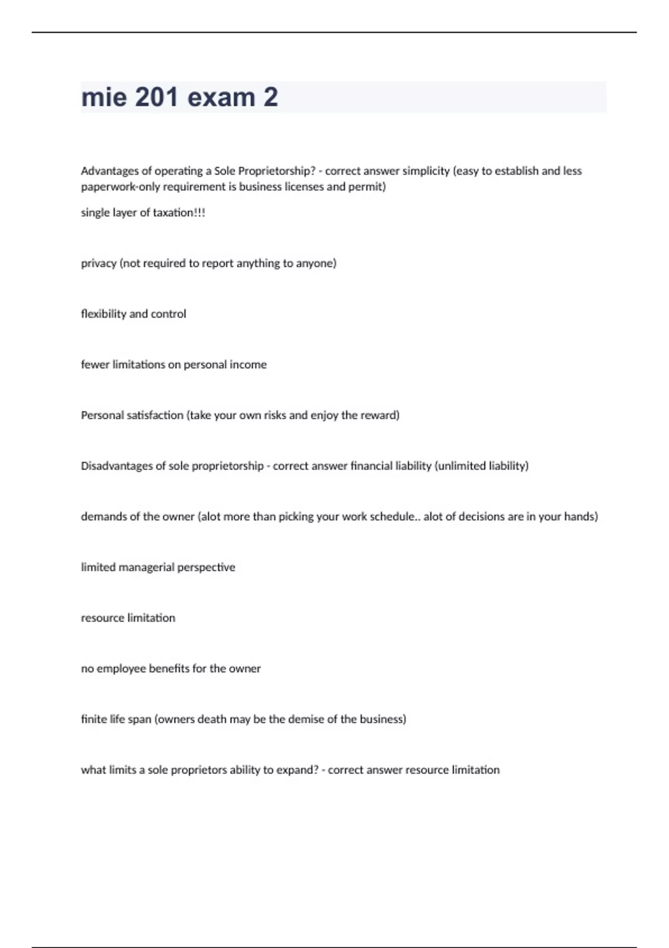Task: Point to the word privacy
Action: click(99, 263)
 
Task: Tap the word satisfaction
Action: click(149, 415)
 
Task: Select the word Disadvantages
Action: click(117, 466)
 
